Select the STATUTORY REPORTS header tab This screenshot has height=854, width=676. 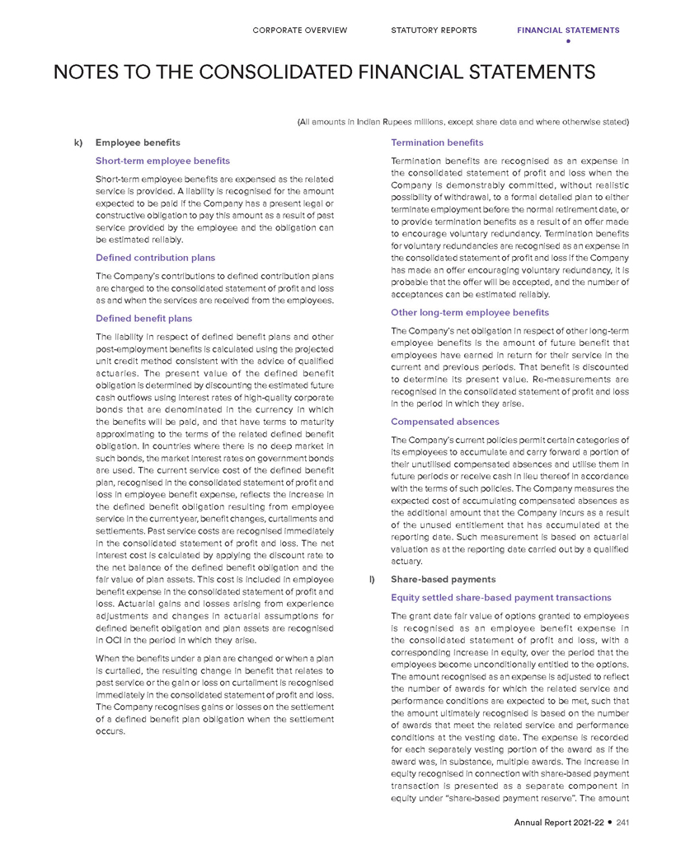(x=434, y=30)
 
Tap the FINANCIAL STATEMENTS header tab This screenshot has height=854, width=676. (x=568, y=30)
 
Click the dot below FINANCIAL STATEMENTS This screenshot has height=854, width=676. (x=568, y=41)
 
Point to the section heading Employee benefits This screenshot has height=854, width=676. (x=138, y=142)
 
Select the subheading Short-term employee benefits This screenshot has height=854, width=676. (x=163, y=160)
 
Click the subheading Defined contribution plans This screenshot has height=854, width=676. (x=156, y=258)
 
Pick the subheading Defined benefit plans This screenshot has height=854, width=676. (x=144, y=318)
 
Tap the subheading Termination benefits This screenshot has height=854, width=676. (x=437, y=142)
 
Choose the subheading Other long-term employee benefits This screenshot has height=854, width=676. (x=470, y=312)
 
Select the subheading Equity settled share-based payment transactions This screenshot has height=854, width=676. (x=500, y=597)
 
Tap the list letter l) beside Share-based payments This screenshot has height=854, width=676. (x=373, y=580)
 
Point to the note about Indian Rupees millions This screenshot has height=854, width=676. (x=462, y=123)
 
